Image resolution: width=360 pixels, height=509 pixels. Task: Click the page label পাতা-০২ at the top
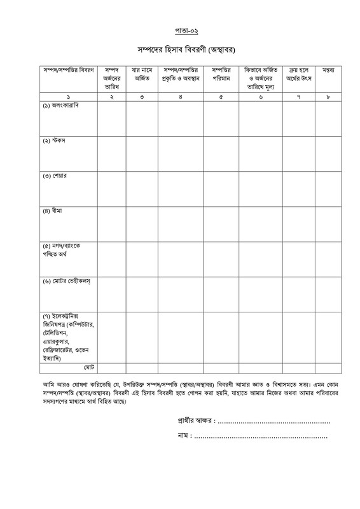[x=180, y=29]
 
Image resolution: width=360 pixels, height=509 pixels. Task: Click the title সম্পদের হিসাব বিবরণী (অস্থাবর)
[x=180, y=50]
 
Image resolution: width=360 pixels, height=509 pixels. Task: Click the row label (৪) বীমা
[x=50, y=209]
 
